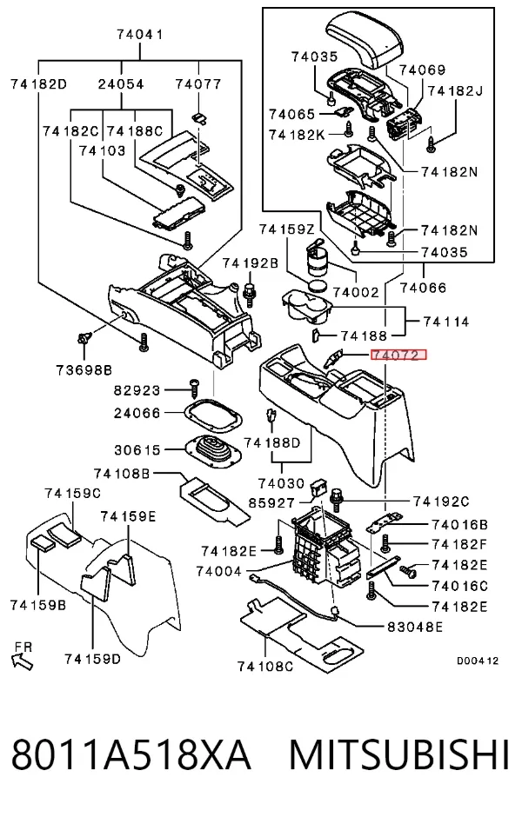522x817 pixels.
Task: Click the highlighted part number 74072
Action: point(398,355)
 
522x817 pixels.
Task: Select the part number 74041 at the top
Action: point(140,35)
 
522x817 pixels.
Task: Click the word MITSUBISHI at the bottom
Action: point(399,754)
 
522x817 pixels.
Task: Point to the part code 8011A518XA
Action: point(131,754)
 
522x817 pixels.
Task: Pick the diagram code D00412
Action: point(478,661)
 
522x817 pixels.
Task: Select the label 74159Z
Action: point(287,229)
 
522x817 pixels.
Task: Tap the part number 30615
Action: point(137,449)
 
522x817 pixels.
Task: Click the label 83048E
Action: point(415,627)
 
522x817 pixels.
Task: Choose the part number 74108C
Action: point(264,667)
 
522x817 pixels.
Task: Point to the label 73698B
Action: point(84,370)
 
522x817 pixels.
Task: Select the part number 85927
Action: point(271,503)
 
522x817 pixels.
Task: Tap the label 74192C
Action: point(441,501)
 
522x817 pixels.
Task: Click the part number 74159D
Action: point(93,659)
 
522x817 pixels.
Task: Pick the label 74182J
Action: point(455,90)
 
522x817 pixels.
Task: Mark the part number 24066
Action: point(137,413)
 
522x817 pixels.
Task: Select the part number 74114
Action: point(446,322)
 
